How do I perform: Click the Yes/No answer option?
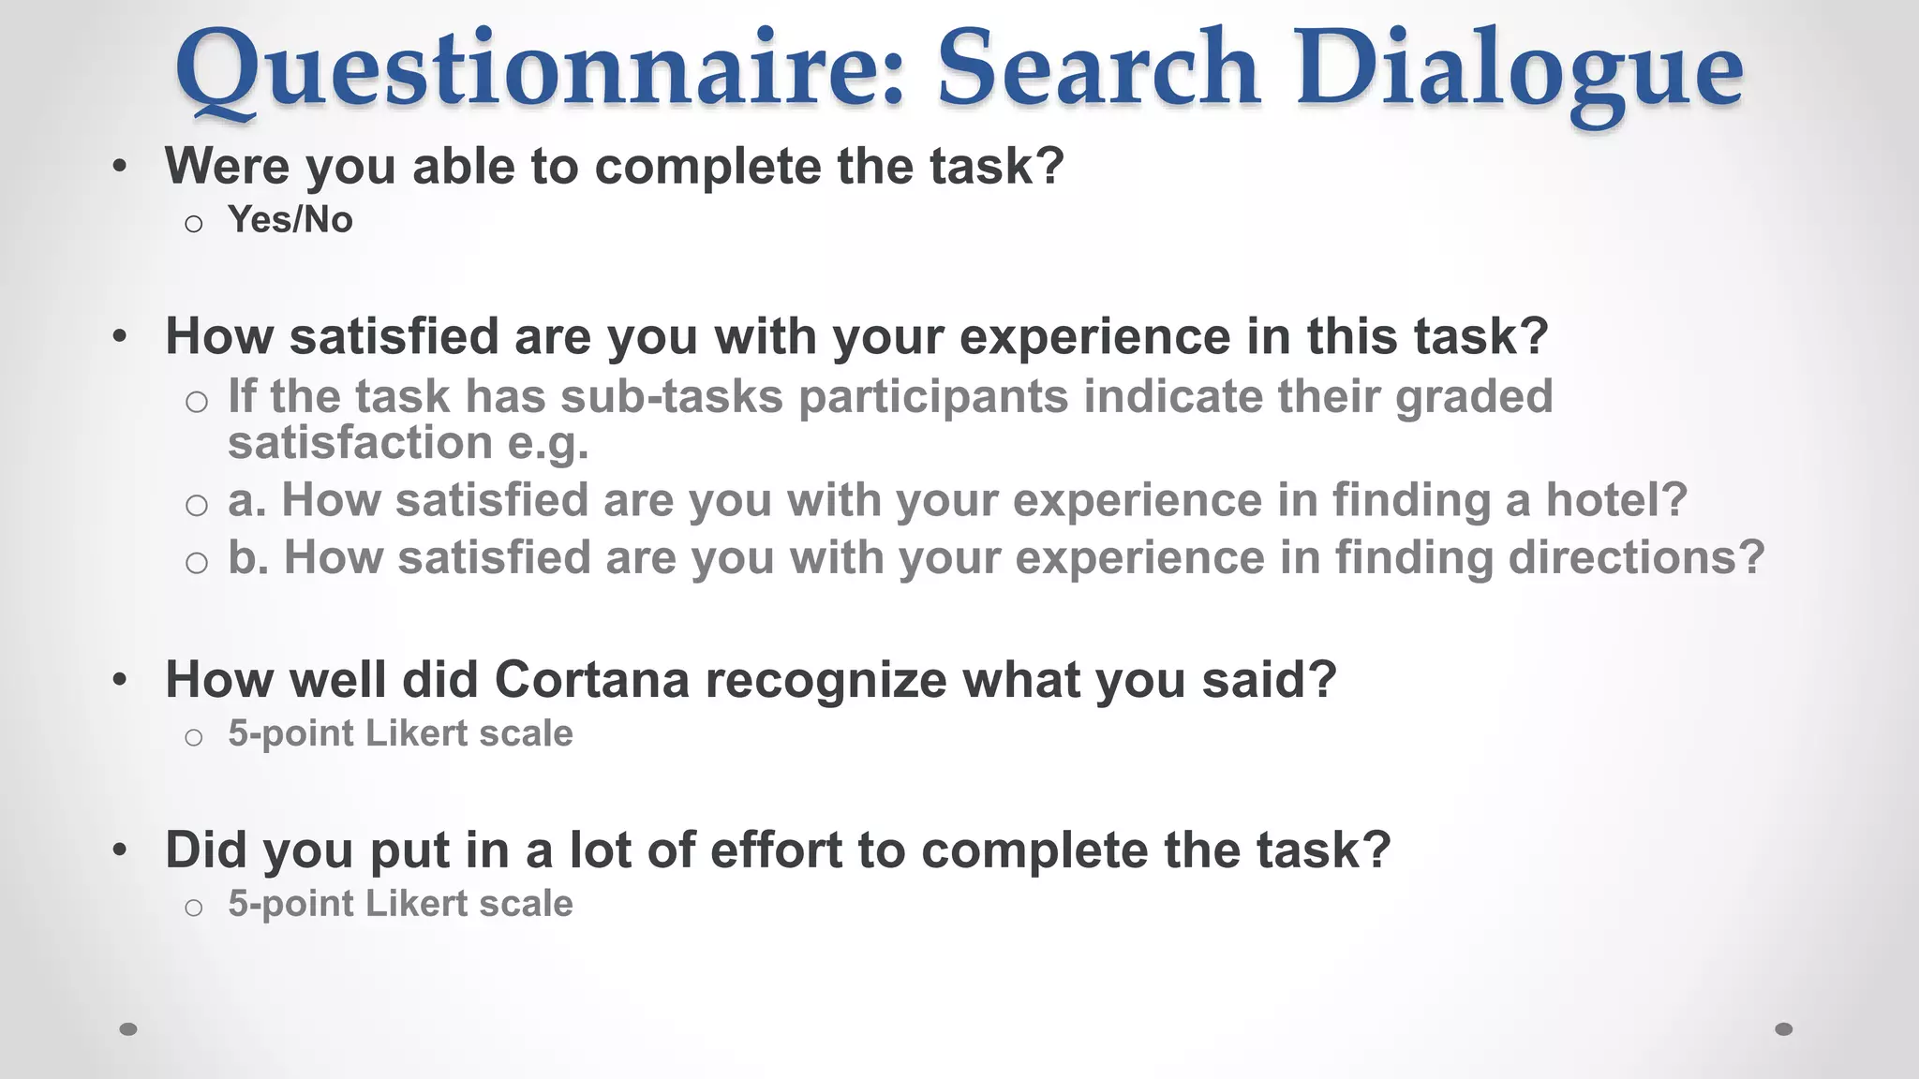coord(290,220)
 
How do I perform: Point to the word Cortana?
coord(591,679)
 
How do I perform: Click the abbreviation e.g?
coord(547,443)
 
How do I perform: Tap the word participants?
coord(933,397)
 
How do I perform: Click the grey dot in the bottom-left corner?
coord(128,1029)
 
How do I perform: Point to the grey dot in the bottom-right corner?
coord(1784,1029)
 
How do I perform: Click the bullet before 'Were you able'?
coord(119,168)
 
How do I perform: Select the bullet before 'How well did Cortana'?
coord(119,680)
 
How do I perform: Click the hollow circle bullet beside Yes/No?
coord(194,224)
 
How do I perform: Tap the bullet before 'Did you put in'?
coord(119,850)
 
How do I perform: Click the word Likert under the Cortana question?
coord(416,733)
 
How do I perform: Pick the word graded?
coord(1474,397)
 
